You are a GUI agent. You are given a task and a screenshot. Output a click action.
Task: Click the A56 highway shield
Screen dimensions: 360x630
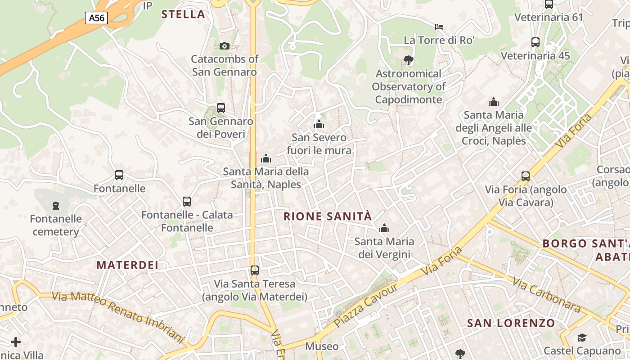[96, 18]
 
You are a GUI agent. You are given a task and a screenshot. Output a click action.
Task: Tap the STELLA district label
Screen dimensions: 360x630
[183, 14]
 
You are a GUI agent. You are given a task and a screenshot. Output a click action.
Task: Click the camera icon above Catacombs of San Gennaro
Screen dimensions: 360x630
[224, 46]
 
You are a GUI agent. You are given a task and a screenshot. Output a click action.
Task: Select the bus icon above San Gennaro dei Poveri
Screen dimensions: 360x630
[220, 108]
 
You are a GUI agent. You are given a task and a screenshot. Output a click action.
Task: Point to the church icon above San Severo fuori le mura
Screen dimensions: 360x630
[319, 124]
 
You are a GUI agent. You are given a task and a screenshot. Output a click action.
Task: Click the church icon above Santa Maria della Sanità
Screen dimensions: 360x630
[266, 158]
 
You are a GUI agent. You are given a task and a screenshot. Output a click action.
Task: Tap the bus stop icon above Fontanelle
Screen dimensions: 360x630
[119, 175]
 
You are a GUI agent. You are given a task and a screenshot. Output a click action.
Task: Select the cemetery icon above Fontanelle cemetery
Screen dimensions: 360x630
[56, 206]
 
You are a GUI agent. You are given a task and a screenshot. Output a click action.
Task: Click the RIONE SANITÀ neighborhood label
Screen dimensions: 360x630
[328, 216]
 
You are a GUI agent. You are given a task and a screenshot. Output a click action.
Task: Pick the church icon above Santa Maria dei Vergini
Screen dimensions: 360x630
[384, 229]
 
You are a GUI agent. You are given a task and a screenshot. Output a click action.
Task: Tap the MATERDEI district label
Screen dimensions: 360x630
[127, 265]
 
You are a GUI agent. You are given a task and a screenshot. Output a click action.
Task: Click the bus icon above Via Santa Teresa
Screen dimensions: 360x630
[255, 270]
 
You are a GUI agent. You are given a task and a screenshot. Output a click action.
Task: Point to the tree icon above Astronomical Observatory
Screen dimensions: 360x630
[408, 60]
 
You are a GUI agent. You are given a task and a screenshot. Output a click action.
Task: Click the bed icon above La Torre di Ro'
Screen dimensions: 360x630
[439, 27]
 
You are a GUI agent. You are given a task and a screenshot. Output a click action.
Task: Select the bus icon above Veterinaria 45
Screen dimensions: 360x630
[535, 42]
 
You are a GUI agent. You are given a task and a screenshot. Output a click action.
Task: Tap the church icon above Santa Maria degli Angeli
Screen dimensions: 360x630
[494, 102]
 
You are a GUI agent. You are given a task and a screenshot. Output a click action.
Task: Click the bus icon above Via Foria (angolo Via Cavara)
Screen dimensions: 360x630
[526, 176]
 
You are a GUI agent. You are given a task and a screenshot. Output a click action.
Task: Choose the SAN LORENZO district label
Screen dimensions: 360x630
[511, 323]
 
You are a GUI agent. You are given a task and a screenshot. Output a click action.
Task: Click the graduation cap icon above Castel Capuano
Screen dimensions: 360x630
[582, 337]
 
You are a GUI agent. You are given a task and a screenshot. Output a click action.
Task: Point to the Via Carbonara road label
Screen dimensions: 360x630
[546, 295]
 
